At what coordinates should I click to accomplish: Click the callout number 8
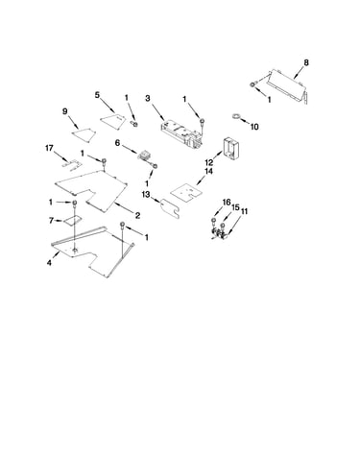point(306,62)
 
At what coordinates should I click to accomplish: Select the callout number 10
point(254,127)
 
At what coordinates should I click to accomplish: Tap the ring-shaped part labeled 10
point(236,116)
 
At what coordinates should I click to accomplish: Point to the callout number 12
point(209,162)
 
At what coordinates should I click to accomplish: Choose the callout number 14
point(208,172)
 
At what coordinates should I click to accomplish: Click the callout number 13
point(146,194)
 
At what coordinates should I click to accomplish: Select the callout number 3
point(147,98)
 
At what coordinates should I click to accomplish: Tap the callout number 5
point(97,95)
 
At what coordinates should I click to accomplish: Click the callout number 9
point(65,111)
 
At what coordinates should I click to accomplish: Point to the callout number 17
point(49,148)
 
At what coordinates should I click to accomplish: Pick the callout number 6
point(117,143)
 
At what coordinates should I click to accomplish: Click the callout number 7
point(51,220)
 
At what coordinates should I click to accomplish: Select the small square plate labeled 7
point(72,221)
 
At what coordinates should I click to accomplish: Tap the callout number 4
point(49,263)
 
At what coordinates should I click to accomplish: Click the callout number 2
point(137,216)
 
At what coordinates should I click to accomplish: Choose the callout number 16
point(227,203)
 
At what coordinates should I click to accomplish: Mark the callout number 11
point(244,211)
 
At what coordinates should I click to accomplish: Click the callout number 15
point(235,207)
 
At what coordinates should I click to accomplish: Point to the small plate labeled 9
point(84,133)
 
